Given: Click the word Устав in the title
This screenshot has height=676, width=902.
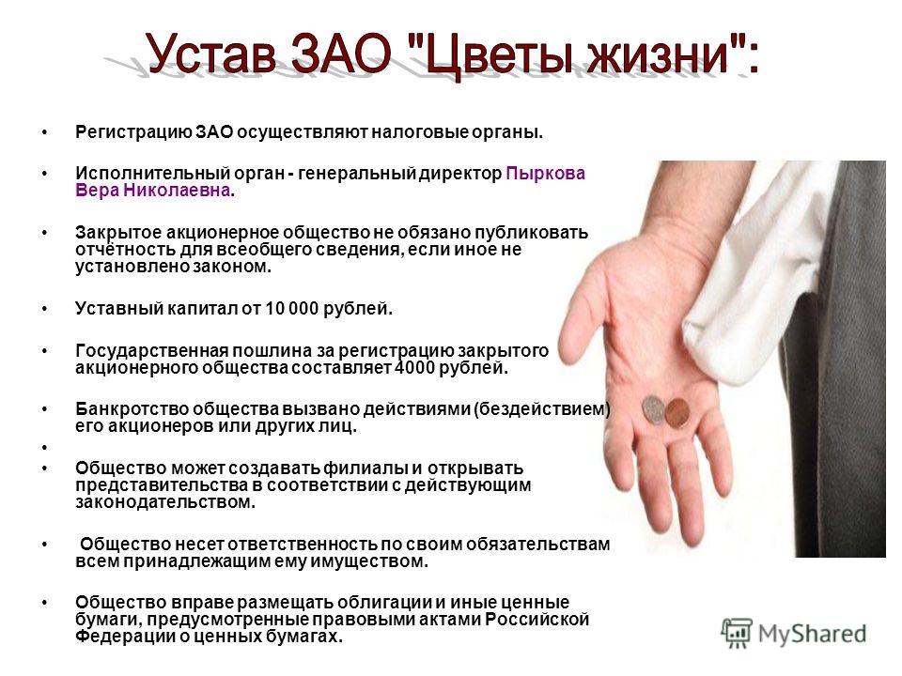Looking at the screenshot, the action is [210, 54].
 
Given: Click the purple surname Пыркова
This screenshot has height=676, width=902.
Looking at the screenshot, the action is [545, 173].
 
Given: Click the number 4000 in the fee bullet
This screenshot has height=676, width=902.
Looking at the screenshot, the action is [414, 367].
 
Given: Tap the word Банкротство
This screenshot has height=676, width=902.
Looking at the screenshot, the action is [132, 409].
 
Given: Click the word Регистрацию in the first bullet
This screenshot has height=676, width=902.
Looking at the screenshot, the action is [133, 132].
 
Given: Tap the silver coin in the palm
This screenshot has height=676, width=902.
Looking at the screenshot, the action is [654, 410].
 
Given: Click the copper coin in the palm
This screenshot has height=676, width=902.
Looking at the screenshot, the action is [677, 413].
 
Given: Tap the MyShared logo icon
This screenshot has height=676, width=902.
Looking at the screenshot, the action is [737, 634].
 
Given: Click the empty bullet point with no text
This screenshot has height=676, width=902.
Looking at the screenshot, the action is [44, 447].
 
